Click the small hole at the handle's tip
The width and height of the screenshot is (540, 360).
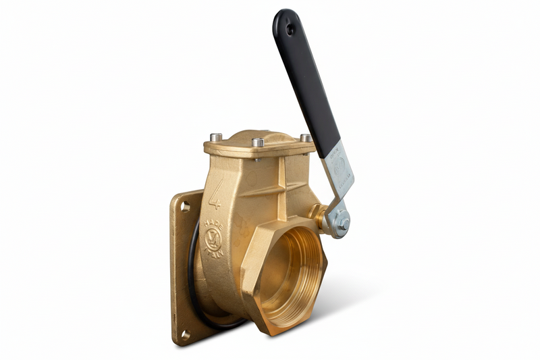tap(290, 30)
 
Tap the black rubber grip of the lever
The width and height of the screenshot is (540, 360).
tap(307, 81)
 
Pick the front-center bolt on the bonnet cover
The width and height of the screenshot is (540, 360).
tap(258, 143)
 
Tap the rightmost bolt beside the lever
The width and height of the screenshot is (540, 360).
tap(306, 138)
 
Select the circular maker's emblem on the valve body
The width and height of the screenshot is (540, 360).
tap(212, 238)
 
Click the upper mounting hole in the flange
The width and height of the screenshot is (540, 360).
tap(184, 207)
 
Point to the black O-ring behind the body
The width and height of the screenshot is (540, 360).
tap(194, 270)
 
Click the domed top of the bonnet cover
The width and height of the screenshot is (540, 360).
tap(260, 135)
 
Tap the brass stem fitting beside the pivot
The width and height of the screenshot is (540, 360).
tap(317, 217)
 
